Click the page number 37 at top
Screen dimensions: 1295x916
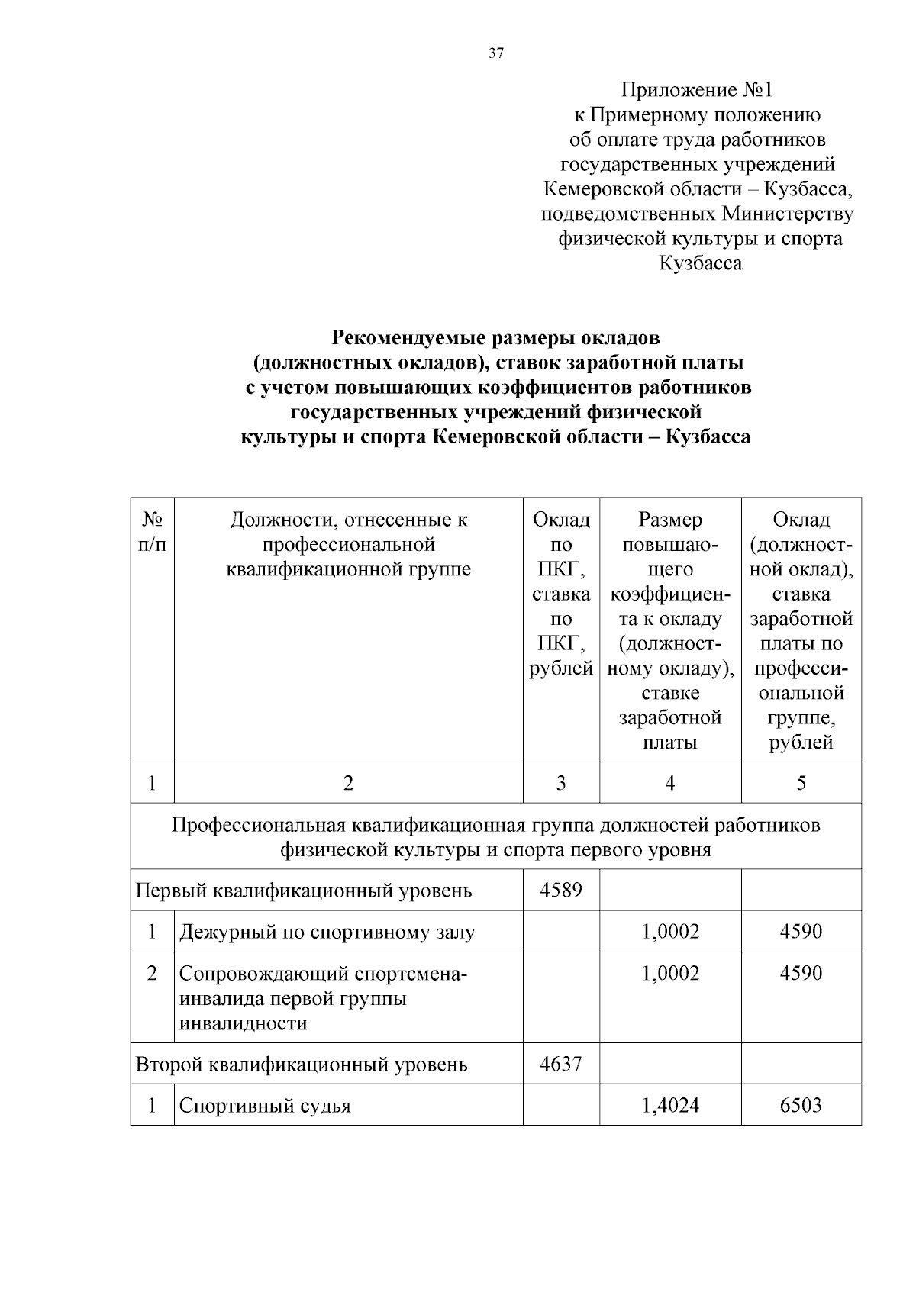coord(496,53)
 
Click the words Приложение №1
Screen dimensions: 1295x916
coord(697,91)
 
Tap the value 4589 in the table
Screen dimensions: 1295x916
coord(560,890)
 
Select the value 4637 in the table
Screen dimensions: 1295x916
coord(560,1063)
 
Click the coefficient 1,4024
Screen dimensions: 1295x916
coord(669,1105)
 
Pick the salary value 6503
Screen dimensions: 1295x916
coord(800,1105)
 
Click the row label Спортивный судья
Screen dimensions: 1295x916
coord(265,1106)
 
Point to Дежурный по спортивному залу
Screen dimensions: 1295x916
coord(327,932)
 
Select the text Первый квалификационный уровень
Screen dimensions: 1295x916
coord(304,891)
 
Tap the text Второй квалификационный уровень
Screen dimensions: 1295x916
coord(302,1064)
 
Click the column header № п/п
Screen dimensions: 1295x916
coord(152,532)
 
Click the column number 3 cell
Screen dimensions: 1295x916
coord(560,783)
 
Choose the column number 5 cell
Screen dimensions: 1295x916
coord(801,783)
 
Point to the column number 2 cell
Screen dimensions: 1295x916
coord(348,783)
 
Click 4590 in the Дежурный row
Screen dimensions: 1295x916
coord(800,931)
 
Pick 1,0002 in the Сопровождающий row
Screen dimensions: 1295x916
coord(669,973)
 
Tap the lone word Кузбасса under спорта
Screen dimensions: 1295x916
coord(700,264)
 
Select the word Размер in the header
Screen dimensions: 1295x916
coord(669,520)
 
